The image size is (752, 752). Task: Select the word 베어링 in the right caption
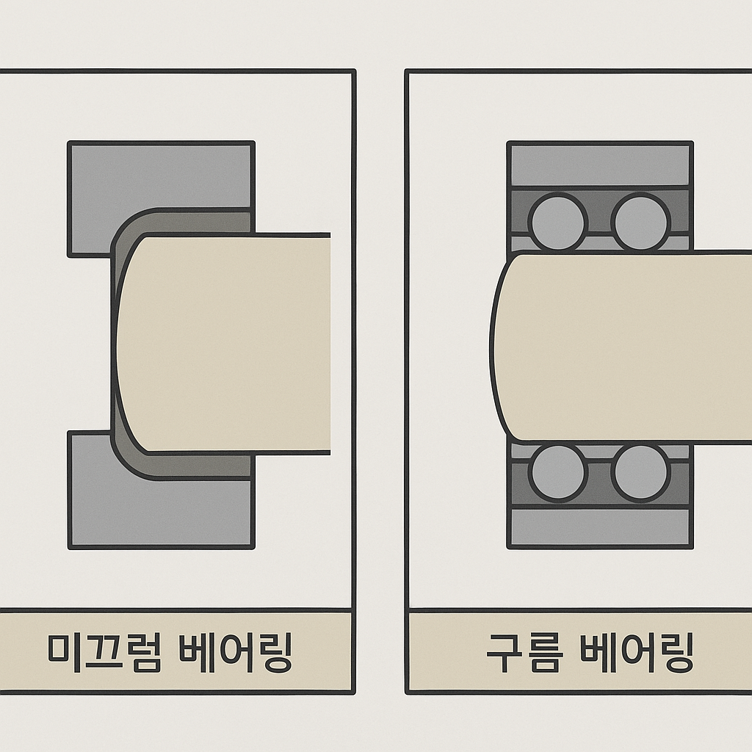pos(637,652)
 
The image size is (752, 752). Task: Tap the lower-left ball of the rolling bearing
pos(558,471)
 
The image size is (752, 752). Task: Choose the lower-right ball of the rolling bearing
pos(640,471)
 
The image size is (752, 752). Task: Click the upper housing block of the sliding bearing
pos(160,176)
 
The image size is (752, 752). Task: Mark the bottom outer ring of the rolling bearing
pos(599,527)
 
